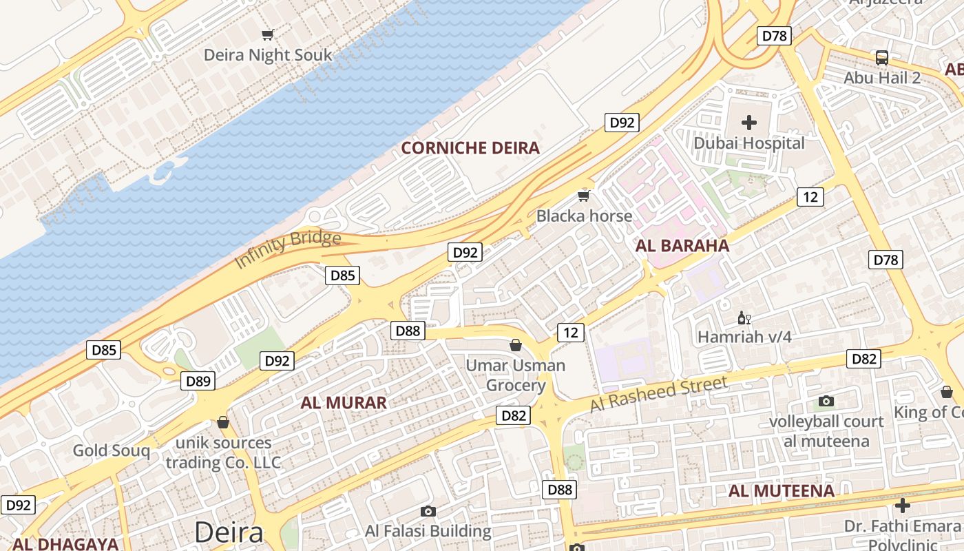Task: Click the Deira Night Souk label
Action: pyautogui.click(x=268, y=55)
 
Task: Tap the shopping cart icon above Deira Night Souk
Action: pyautogui.click(x=268, y=34)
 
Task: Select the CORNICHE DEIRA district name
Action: pyautogui.click(x=470, y=148)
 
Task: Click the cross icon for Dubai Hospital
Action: pyautogui.click(x=749, y=123)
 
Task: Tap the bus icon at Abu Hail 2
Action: pyautogui.click(x=882, y=58)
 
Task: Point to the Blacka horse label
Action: pyautogui.click(x=584, y=216)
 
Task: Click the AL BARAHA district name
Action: pyautogui.click(x=682, y=246)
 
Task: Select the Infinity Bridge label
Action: pyautogui.click(x=288, y=249)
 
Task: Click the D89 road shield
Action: pyautogui.click(x=198, y=381)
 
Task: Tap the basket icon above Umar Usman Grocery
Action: pyautogui.click(x=515, y=345)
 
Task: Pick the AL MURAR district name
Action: pyautogui.click(x=344, y=403)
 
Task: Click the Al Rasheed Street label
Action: pyautogui.click(x=658, y=395)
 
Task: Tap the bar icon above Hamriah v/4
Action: pyautogui.click(x=744, y=318)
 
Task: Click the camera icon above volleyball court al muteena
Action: pyautogui.click(x=826, y=401)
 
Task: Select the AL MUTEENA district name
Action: pyautogui.click(x=782, y=491)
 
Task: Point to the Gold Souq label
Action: pyautogui.click(x=112, y=451)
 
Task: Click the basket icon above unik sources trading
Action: pyautogui.click(x=222, y=422)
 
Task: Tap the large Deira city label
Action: pyautogui.click(x=229, y=532)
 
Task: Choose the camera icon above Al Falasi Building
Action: pyautogui.click(x=428, y=511)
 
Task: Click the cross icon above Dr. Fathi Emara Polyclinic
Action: pyautogui.click(x=902, y=506)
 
